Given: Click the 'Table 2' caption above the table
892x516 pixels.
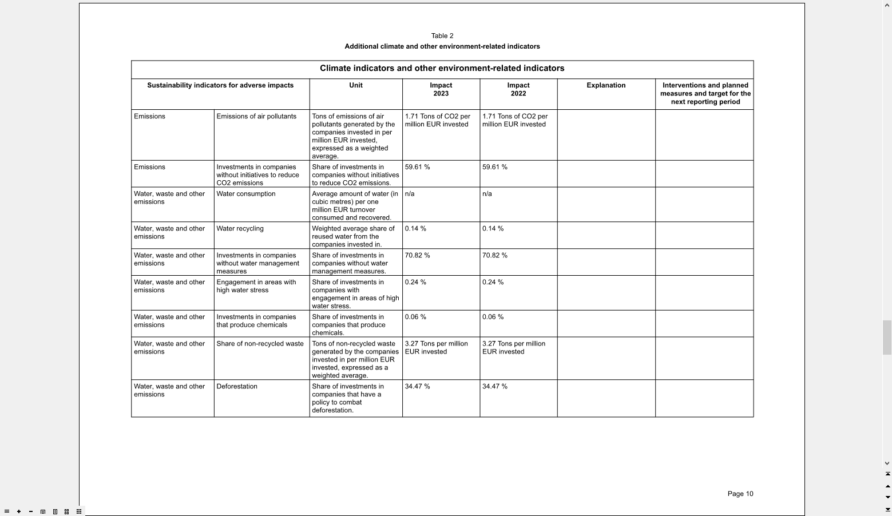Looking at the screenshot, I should tap(442, 36).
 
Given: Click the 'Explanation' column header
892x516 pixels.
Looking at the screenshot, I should tap(606, 85).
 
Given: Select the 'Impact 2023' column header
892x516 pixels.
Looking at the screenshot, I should tap(441, 89).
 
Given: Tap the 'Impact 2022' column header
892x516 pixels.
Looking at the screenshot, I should tap(518, 89).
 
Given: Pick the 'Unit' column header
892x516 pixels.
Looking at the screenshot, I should tap(356, 85).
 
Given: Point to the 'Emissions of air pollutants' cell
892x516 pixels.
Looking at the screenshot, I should tap(256, 116).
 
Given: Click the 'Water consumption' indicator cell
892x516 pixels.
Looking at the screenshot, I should tap(246, 194).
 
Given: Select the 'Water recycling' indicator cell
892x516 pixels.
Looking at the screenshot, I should tap(240, 229).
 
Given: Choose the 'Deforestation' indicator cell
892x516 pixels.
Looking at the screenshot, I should tap(237, 387).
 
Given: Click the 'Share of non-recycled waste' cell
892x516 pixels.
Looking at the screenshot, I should tap(260, 344).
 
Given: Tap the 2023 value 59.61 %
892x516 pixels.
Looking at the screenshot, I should tap(417, 167).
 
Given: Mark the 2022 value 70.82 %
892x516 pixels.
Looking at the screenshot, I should tap(494, 256).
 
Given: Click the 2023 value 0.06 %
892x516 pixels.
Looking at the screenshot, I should tap(415, 317).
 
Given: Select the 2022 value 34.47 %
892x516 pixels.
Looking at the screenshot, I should tap(494, 387).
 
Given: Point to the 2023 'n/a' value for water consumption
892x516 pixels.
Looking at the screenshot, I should tap(410, 194).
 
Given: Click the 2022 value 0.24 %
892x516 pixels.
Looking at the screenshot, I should tap(493, 283).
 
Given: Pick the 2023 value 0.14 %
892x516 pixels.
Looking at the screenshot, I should tap(415, 229).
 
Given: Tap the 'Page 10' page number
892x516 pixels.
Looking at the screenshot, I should tap(740, 494).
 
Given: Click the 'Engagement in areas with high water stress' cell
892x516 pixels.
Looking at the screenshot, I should tap(256, 286).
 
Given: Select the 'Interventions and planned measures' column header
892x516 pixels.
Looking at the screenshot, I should tap(705, 93).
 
